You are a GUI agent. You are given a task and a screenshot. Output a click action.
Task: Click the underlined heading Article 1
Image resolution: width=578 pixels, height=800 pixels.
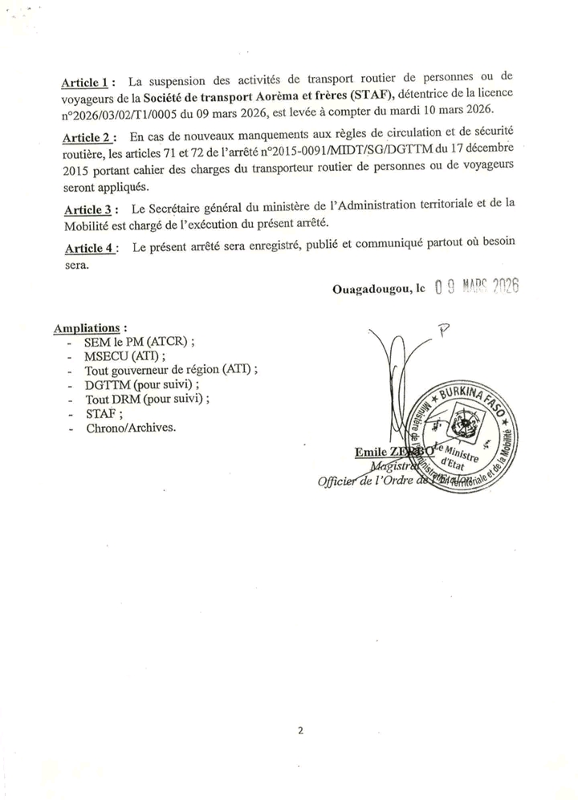(88, 83)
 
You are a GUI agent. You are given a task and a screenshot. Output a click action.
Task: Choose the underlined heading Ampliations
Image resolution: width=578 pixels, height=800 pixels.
(89, 328)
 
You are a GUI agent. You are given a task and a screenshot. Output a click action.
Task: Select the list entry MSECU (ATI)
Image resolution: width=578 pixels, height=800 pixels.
(125, 355)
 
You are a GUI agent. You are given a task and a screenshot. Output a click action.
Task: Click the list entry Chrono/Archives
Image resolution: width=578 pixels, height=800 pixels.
(129, 428)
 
